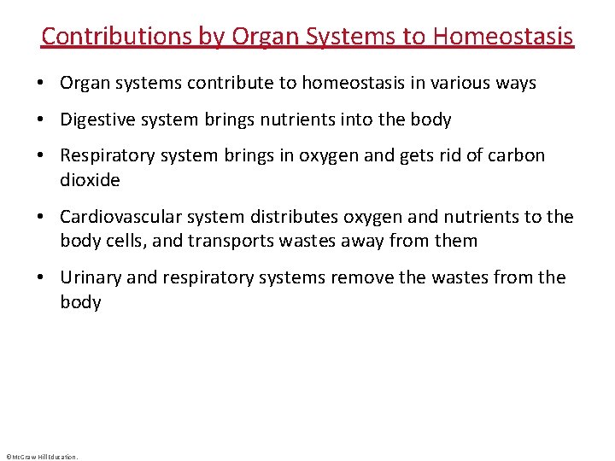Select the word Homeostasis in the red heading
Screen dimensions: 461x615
click(x=503, y=36)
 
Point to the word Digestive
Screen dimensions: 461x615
click(x=96, y=120)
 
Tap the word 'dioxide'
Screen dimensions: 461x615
click(x=90, y=180)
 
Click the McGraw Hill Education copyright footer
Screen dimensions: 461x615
click(x=41, y=457)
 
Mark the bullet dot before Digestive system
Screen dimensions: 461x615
click(x=41, y=120)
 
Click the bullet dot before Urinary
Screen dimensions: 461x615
click(x=41, y=278)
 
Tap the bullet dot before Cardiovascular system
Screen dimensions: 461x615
click(x=41, y=218)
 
